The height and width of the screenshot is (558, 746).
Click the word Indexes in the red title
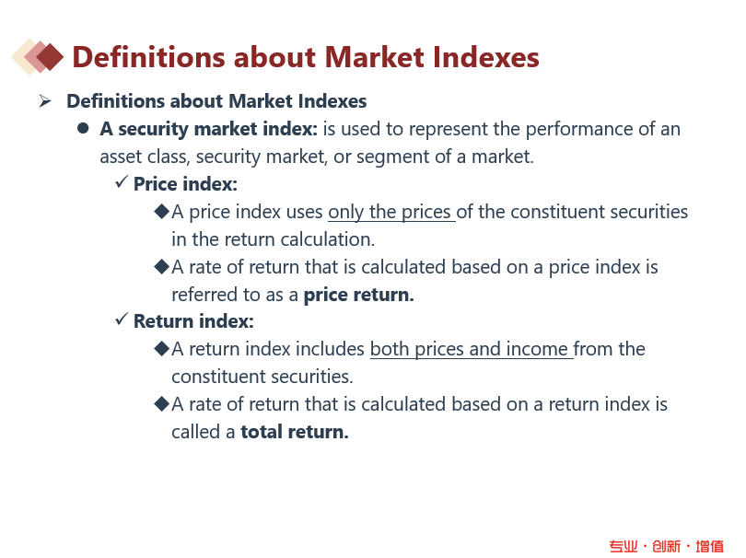tap(485, 57)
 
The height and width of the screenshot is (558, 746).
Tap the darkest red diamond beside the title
tap(50, 57)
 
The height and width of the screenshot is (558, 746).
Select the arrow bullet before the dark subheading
tap(45, 101)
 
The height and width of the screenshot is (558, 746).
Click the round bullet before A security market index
tap(83, 128)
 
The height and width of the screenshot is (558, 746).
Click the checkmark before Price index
tap(122, 181)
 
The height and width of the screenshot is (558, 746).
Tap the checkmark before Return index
tap(122, 319)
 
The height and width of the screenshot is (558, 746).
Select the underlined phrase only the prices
tap(391, 212)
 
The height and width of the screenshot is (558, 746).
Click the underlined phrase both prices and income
tap(471, 349)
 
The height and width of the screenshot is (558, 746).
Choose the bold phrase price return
tap(359, 295)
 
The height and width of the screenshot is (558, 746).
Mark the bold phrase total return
tap(295, 432)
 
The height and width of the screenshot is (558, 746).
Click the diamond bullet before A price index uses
tap(162, 211)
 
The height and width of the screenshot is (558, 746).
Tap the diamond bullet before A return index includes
tap(162, 348)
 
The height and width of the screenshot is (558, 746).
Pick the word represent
tap(449, 130)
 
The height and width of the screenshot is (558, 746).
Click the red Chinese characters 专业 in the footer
tap(624, 546)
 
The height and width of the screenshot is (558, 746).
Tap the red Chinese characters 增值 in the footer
tap(710, 546)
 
